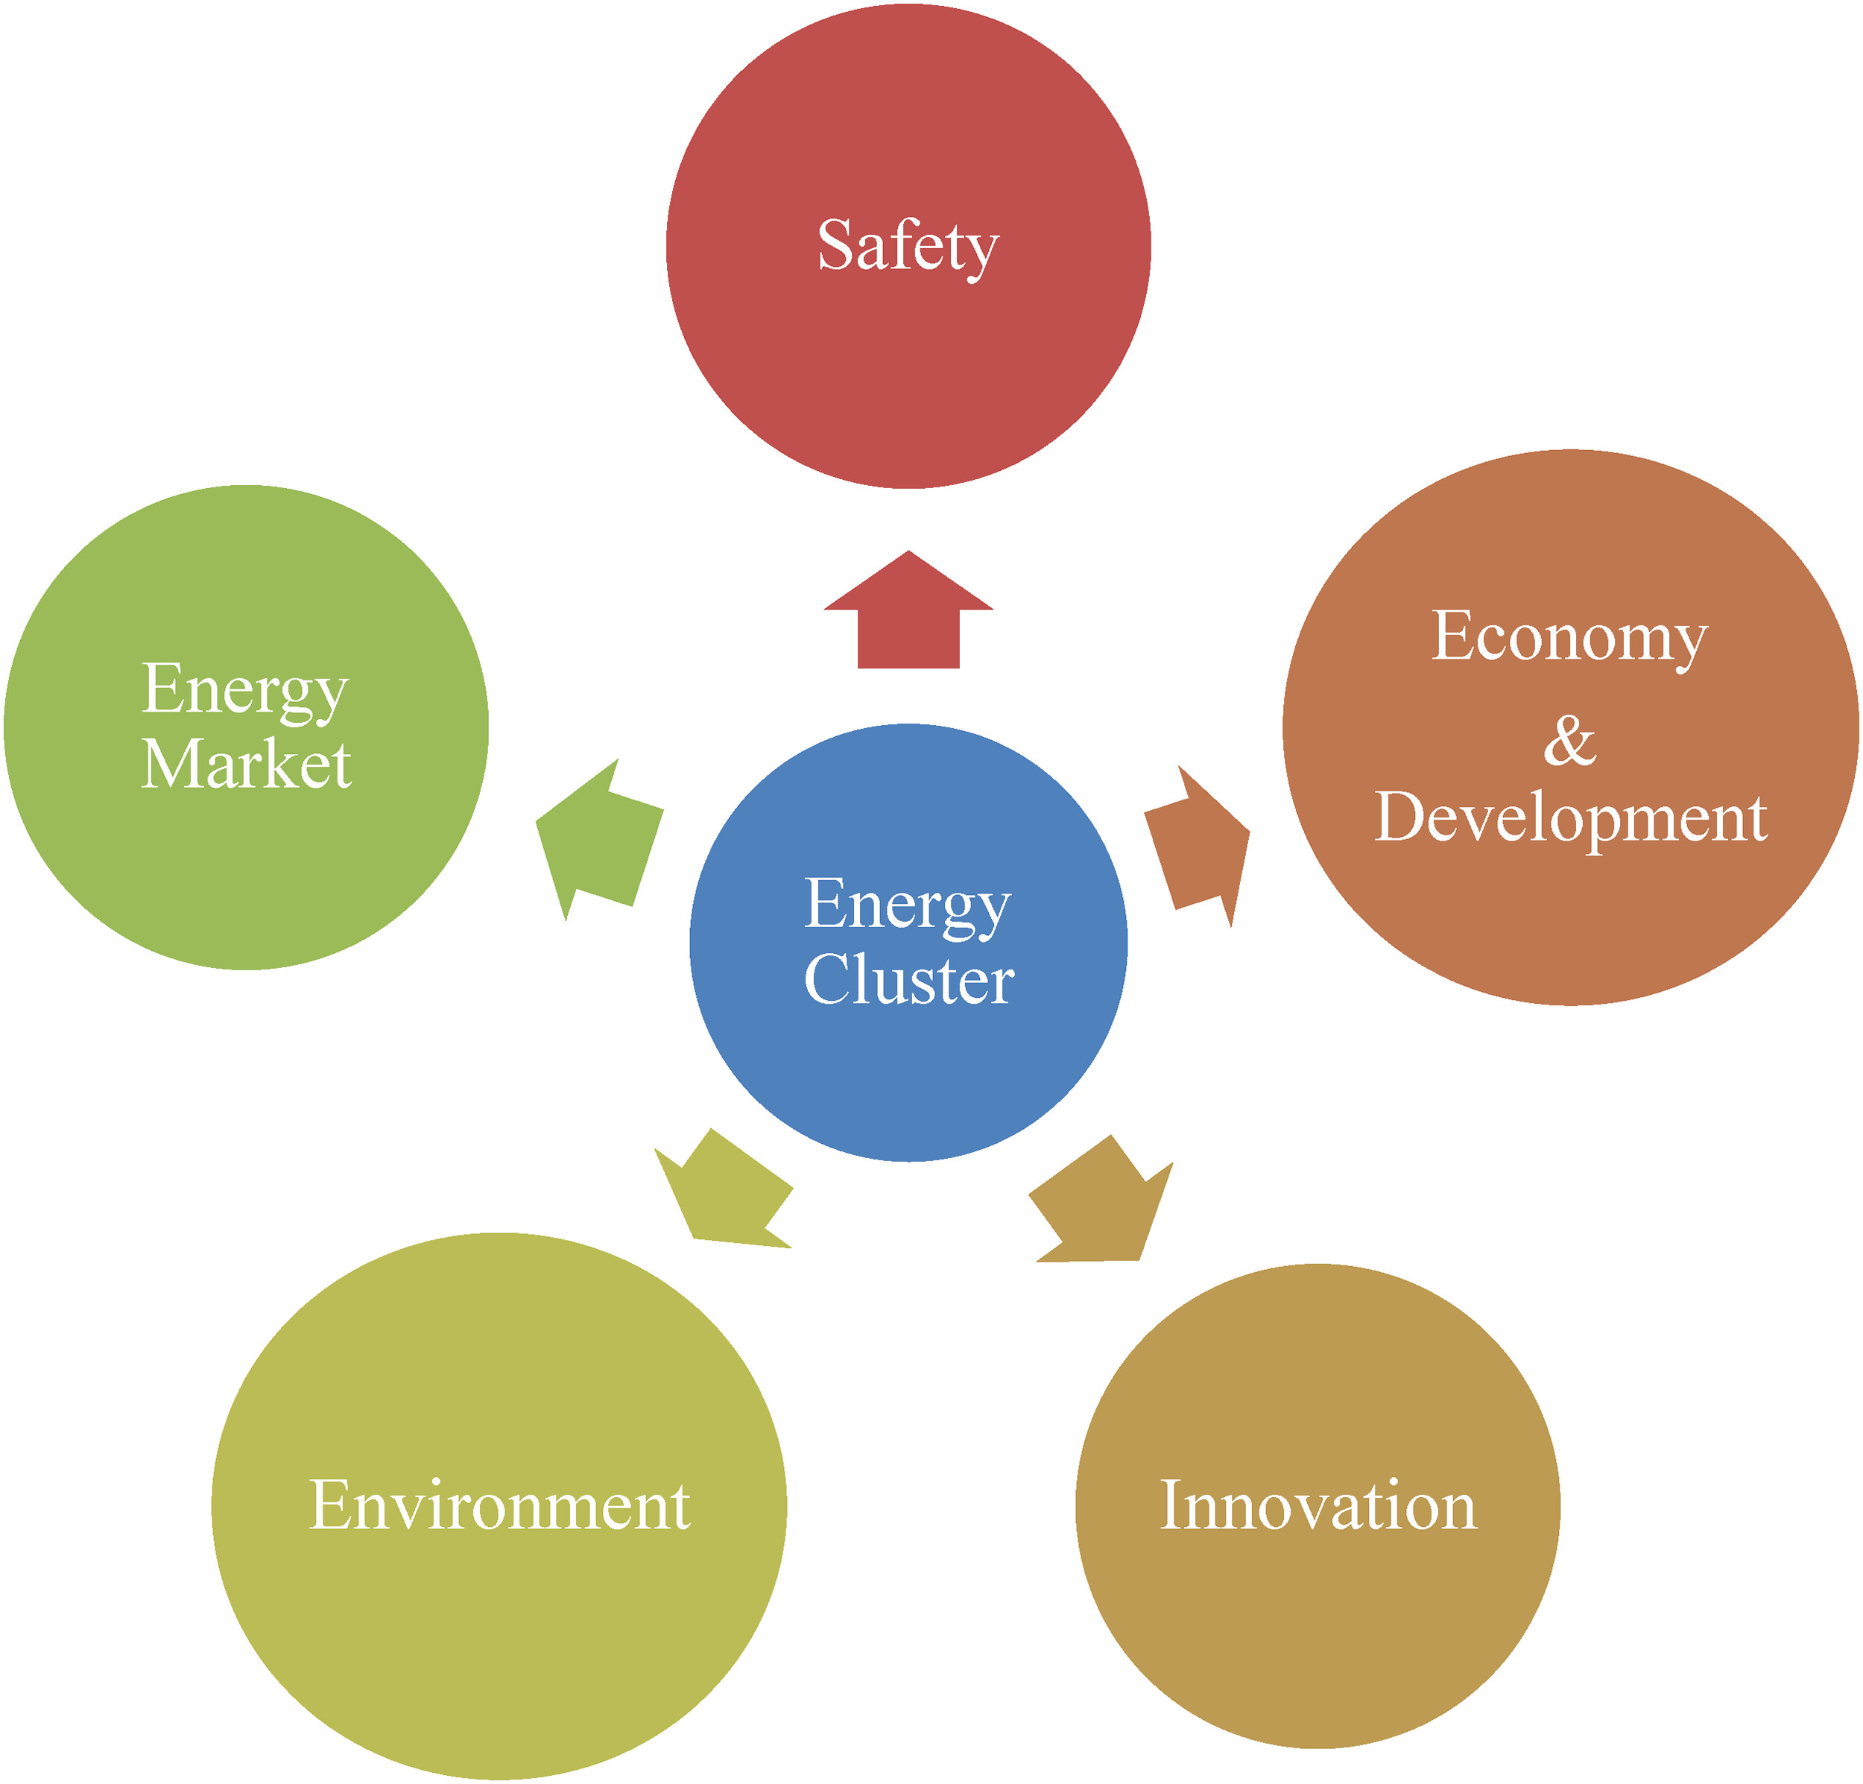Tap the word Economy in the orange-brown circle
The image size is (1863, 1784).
click(x=1569, y=637)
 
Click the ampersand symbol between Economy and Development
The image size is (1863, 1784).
click(x=1569, y=741)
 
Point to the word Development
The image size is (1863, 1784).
click(x=1570, y=817)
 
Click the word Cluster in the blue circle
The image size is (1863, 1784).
click(x=908, y=980)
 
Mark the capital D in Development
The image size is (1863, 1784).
click(x=1400, y=817)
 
